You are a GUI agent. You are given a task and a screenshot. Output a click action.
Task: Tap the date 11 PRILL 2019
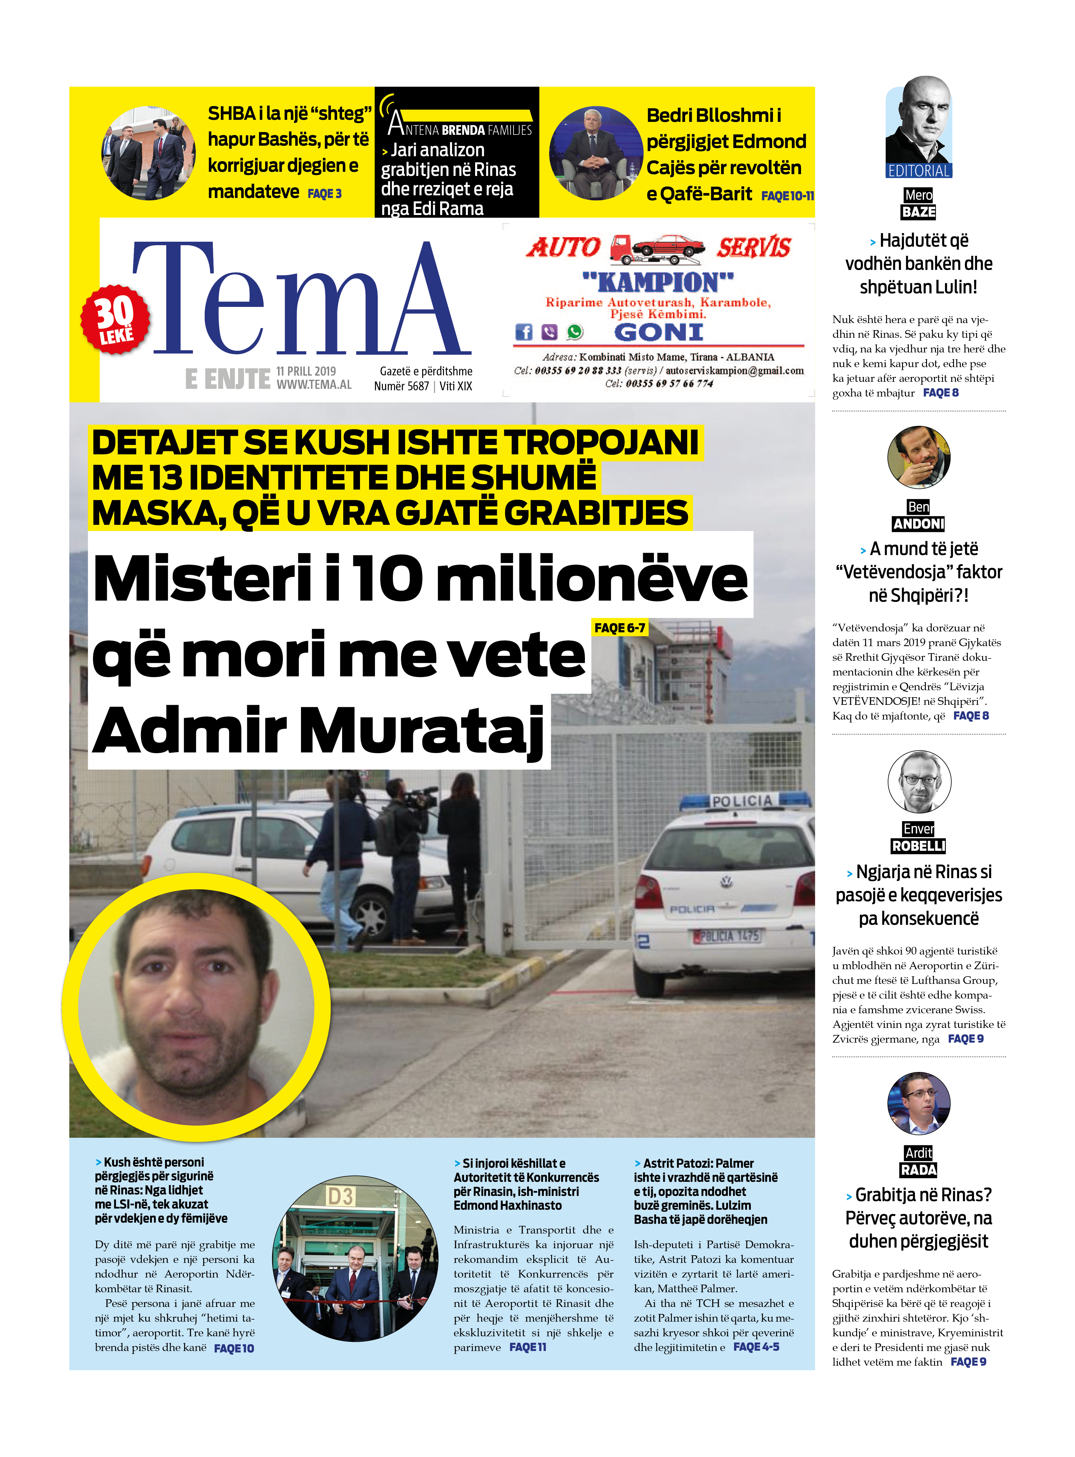(306, 371)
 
